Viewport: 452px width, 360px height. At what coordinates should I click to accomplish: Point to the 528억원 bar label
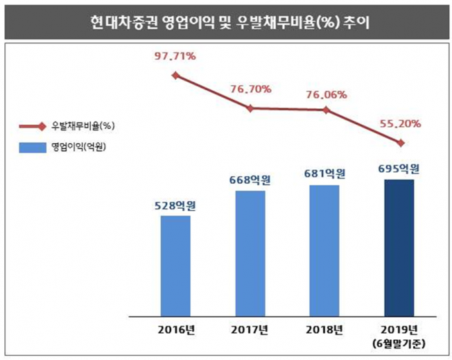(175, 205)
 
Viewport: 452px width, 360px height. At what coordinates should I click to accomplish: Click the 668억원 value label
(250, 180)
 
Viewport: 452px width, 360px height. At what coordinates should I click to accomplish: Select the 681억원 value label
(324, 175)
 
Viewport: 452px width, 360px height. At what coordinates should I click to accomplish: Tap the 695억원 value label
(399, 169)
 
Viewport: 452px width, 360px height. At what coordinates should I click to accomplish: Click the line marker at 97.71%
(175, 75)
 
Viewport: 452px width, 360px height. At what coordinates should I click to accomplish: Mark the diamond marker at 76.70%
(250, 108)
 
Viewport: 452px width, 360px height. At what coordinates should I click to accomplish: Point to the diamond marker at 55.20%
(400, 143)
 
